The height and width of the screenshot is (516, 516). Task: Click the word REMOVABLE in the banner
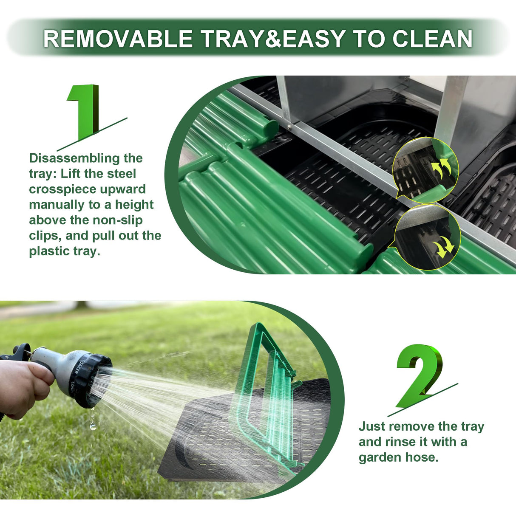tap(118, 39)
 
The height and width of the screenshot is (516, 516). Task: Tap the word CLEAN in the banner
tap(432, 39)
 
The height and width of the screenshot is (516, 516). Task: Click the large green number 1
tap(83, 112)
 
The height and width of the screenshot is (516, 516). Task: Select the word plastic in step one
tap(49, 251)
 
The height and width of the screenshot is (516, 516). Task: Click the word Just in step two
tap(371, 426)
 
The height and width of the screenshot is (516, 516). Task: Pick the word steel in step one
tap(122, 174)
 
